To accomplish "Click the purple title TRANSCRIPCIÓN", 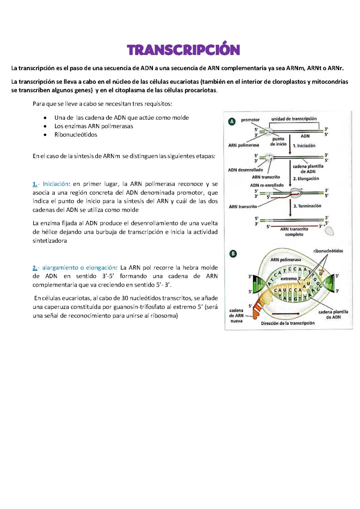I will [x=183, y=50].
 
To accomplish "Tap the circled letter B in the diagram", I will [x=233, y=254].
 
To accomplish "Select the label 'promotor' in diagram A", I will [x=250, y=120].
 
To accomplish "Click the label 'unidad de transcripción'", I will [x=294, y=119].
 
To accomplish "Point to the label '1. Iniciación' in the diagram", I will [x=304, y=146].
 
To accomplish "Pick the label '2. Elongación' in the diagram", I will [x=306, y=179].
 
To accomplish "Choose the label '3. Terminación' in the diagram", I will [x=307, y=206].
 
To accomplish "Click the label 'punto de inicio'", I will [x=278, y=141].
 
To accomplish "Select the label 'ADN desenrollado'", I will [x=245, y=170].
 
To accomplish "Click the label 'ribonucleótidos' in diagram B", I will [x=328, y=251].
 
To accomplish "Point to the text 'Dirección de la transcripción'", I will [x=288, y=323].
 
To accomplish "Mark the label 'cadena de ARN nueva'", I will [x=236, y=315].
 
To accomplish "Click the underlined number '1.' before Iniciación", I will [x=35, y=184].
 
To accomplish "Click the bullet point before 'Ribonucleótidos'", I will [x=45, y=135].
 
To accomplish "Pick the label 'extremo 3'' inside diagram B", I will [x=290, y=278].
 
